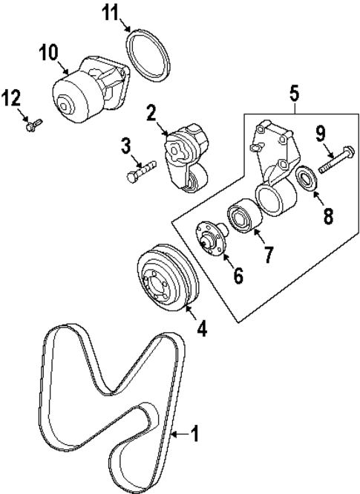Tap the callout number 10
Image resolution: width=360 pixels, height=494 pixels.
[x=48, y=53]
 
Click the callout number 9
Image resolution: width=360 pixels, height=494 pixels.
[x=321, y=134]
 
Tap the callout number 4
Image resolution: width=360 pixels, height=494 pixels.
[x=201, y=327]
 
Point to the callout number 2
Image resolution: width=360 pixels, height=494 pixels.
[x=151, y=113]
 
